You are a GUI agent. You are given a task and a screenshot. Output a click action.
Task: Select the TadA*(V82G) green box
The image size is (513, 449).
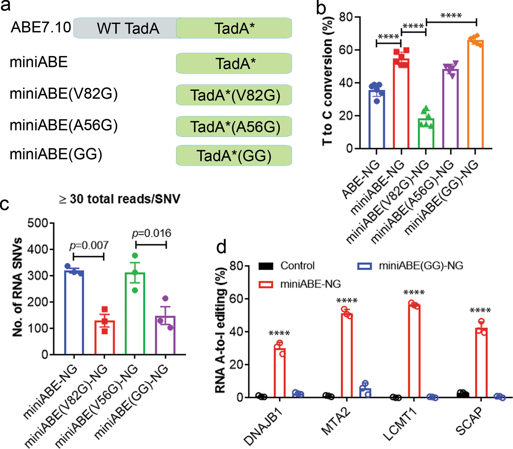pos(234,95)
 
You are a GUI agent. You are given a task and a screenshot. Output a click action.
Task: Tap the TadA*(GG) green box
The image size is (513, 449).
pos(234,156)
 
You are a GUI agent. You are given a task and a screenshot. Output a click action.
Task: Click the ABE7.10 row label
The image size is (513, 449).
pos(41,27)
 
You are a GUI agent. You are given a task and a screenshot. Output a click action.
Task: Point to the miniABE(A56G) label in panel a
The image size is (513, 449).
pos(64,125)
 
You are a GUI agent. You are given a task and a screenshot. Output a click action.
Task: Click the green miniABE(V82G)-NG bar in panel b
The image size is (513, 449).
pos(426,133)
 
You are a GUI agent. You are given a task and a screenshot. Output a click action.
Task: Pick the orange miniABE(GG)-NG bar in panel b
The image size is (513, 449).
pos(475,94)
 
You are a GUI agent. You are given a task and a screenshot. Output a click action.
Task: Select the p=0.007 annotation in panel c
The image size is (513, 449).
pos(89,245)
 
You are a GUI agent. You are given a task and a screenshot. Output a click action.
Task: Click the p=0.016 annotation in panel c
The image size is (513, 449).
pos(152,233)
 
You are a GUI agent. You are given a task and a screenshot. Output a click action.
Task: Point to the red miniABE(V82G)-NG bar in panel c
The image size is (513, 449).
pos(105,337)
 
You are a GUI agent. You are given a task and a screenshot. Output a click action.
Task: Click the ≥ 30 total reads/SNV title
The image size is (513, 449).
pos(120,199)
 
